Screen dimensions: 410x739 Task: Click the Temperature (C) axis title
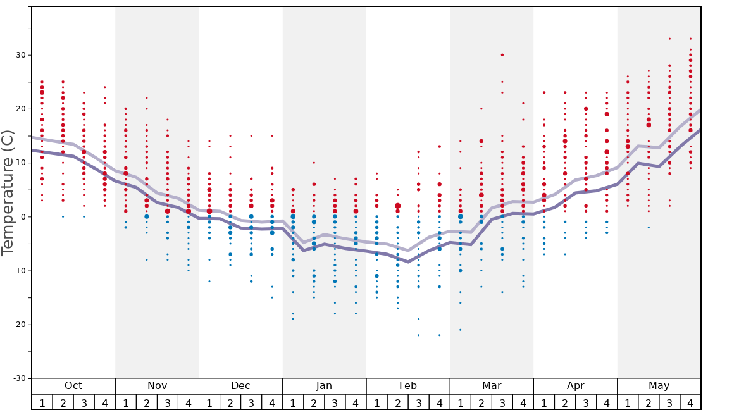[8, 192]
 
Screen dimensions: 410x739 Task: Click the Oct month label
[73, 386]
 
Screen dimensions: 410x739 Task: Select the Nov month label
[157, 386]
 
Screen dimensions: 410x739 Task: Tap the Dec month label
[240, 386]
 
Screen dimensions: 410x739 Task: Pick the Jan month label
[324, 386]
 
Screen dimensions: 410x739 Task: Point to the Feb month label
[408, 386]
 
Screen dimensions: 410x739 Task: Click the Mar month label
[492, 386]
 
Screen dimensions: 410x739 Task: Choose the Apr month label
[575, 386]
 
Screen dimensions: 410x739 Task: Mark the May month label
[659, 386]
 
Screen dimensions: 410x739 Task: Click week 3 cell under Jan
[335, 402]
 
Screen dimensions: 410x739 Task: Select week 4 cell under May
[690, 402]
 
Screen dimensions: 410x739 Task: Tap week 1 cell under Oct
[42, 402]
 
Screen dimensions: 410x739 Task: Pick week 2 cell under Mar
[481, 402]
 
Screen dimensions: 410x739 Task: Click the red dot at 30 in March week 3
[502, 55]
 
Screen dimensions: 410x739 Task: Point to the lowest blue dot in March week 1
[460, 330]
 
